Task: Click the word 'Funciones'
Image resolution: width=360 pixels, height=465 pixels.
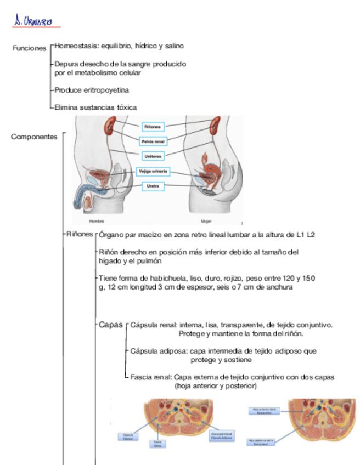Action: tap(29, 48)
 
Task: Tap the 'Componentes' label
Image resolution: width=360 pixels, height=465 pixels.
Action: tap(34, 137)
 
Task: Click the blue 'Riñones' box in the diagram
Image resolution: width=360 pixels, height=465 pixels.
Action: tap(152, 127)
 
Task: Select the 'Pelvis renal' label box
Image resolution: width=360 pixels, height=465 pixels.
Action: tap(152, 141)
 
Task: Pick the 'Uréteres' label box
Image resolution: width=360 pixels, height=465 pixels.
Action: tap(152, 156)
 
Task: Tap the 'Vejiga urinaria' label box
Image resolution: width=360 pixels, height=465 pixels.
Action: tap(153, 172)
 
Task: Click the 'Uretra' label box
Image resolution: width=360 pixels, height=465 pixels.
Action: tap(153, 186)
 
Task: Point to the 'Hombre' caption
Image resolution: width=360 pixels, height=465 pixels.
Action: tap(97, 221)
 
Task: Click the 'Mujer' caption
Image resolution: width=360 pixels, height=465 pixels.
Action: tap(206, 221)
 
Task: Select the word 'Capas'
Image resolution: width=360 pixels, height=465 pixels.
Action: tap(111, 325)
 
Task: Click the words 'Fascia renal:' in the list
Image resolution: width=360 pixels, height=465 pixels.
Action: tap(151, 377)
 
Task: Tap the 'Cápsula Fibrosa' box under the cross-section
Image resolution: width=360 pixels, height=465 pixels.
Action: tap(128, 437)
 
